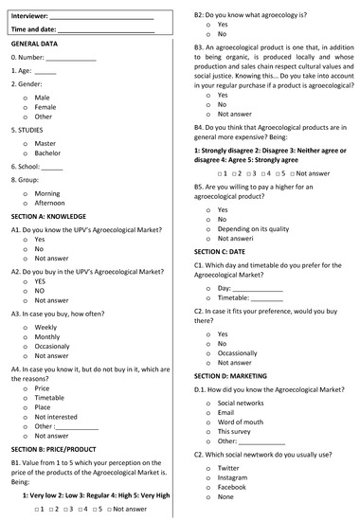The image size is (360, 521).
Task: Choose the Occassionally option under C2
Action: tap(237, 352)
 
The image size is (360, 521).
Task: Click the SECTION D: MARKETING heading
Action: tap(235, 375)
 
